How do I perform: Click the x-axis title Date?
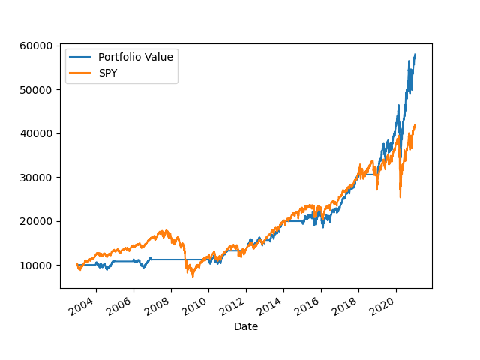pos(246,326)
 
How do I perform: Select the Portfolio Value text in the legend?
pos(136,58)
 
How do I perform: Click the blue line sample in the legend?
pos(81,58)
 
